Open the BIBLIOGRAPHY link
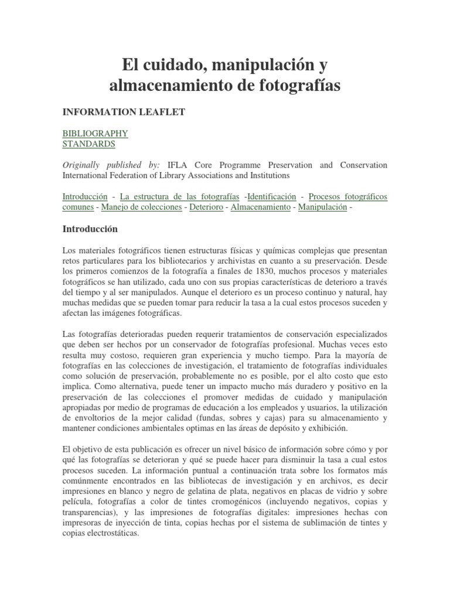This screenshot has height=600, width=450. click(95, 133)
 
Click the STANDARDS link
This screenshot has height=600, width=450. click(88, 144)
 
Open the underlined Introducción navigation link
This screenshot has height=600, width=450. click(85, 196)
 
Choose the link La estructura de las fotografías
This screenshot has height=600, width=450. click(179, 196)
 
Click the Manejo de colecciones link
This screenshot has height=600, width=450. click(141, 207)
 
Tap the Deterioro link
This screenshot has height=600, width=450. click(207, 207)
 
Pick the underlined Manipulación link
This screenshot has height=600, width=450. click(322, 207)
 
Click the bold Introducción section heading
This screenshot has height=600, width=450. click(90, 229)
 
